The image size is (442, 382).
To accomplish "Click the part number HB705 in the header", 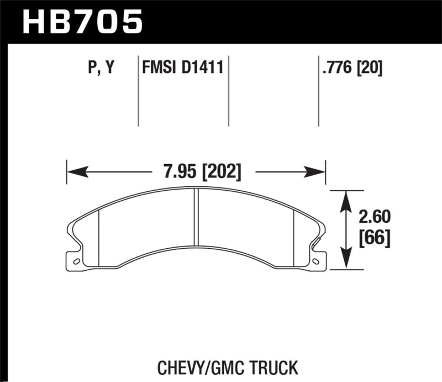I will coord(82,22).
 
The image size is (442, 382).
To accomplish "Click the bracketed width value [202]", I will coord(222,171).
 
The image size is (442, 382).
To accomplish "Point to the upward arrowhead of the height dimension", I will coord(346,196).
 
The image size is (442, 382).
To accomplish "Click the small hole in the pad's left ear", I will coord(76,261).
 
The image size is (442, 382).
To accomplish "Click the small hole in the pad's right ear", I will coord(316,261).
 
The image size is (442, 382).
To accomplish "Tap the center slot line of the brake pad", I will coord(196,217).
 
